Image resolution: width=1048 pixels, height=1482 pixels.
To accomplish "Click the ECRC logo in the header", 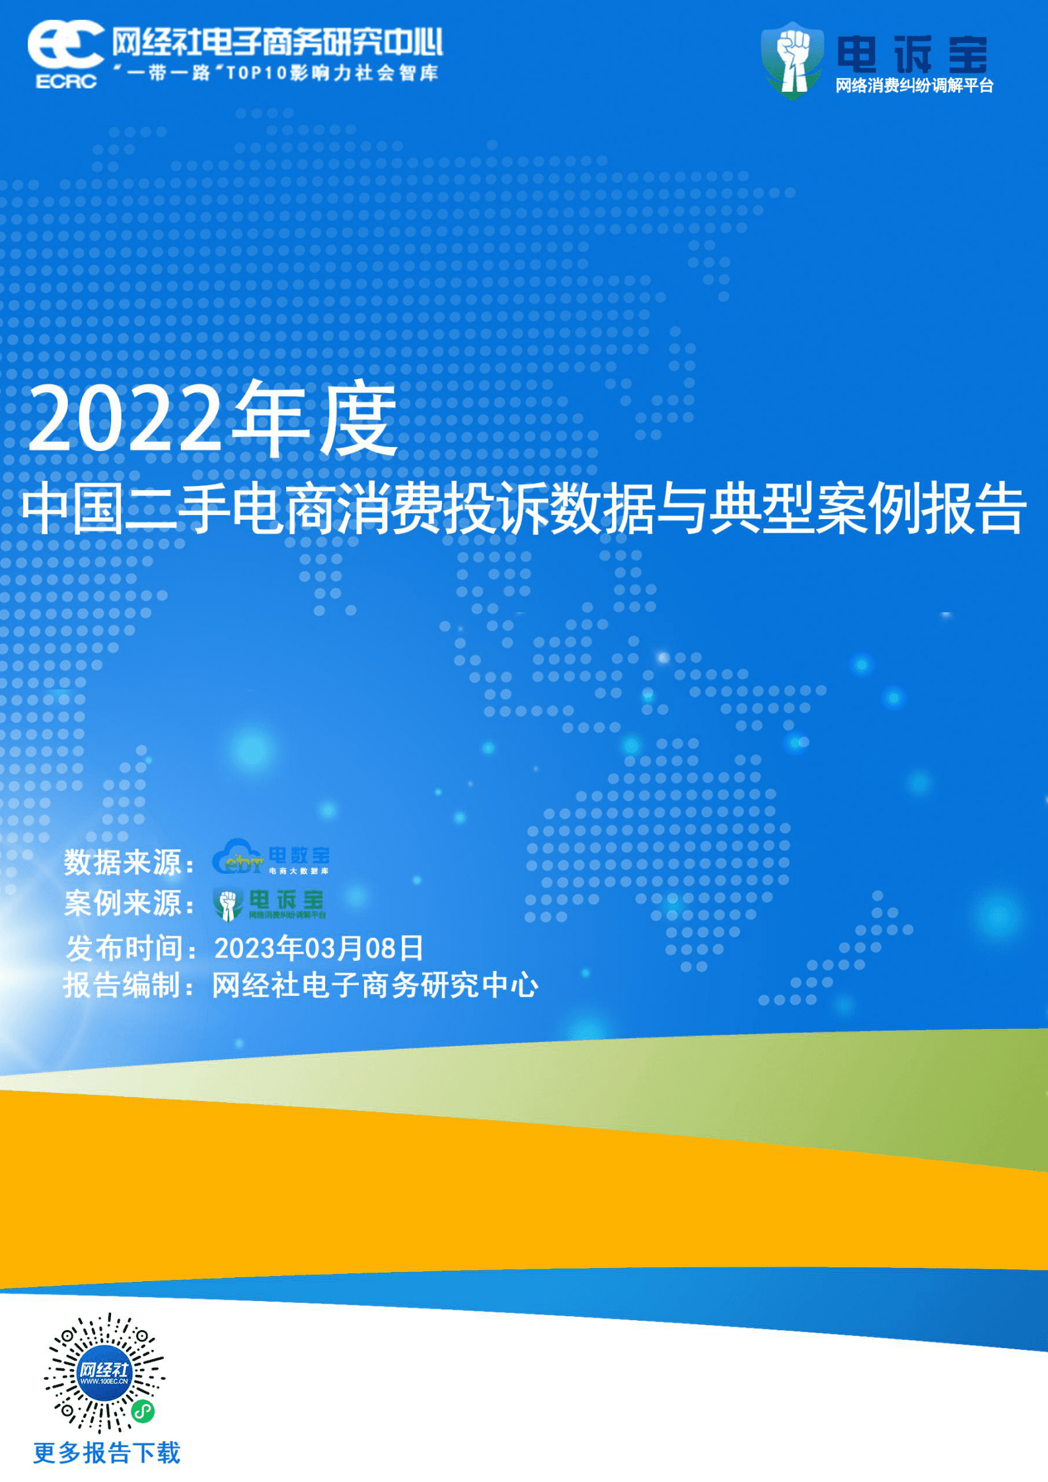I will (65, 53).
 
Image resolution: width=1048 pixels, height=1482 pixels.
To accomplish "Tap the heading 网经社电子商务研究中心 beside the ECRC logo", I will (276, 42).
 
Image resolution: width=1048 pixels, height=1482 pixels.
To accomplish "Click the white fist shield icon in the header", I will (792, 59).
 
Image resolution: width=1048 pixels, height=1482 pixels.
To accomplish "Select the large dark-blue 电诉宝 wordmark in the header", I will (912, 54).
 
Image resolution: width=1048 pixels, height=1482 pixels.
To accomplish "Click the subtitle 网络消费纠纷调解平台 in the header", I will (915, 86).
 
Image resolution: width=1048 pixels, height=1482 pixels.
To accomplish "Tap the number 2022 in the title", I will (123, 419).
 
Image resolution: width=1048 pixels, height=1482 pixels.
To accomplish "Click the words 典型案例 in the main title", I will (815, 508).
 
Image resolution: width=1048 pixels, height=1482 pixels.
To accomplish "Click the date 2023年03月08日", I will (318, 948).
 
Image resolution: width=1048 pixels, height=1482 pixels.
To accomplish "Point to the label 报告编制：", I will (130, 985).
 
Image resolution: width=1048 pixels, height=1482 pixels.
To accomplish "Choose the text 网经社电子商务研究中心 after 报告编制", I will (375, 985).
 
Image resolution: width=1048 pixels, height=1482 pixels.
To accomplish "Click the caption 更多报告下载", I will (106, 1452).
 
